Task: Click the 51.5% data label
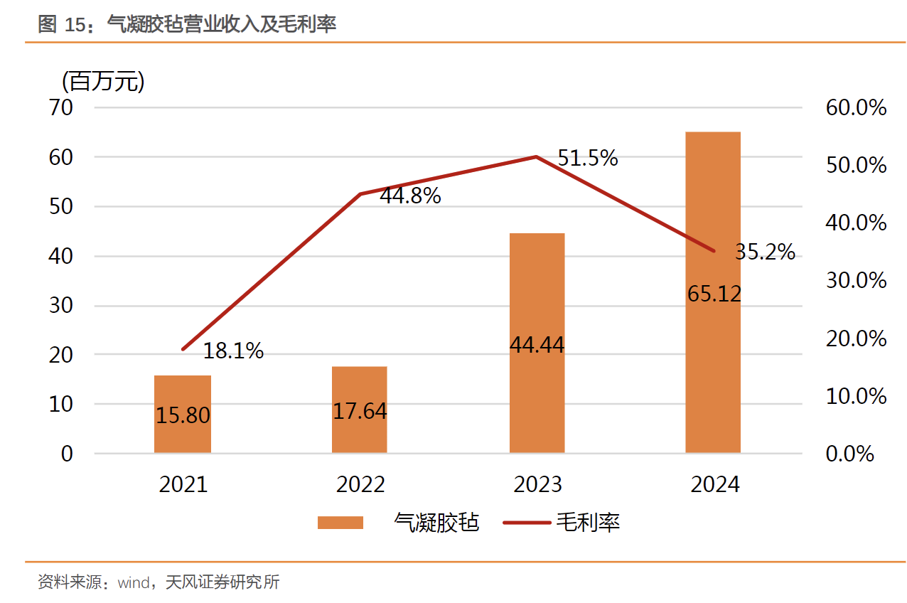point(587,158)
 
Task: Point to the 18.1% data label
point(233,351)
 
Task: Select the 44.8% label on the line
point(410,196)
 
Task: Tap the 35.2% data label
point(765,252)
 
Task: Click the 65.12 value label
point(714,293)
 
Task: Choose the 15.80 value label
point(183,415)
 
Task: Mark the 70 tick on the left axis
point(62,108)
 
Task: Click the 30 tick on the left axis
point(62,306)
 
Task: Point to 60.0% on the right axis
point(856,108)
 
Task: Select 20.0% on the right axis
point(856,338)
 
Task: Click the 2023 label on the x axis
point(537,484)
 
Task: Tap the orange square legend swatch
point(340,523)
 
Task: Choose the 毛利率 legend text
point(588,523)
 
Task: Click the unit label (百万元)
point(103,82)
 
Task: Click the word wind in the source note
point(133,583)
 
